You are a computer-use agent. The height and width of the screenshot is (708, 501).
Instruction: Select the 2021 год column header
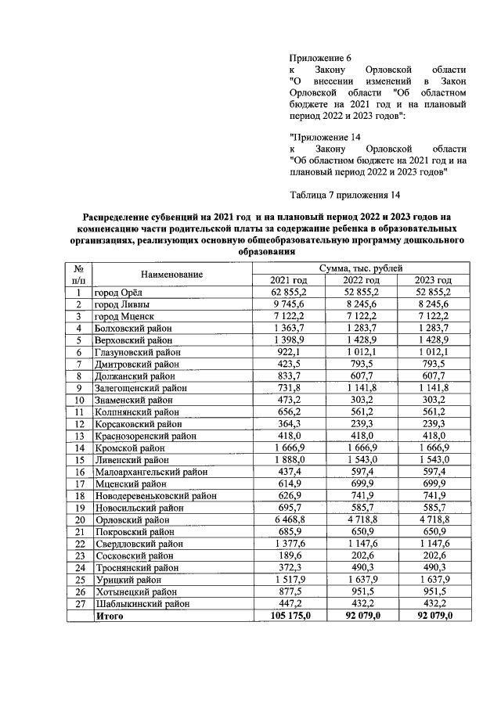(289, 280)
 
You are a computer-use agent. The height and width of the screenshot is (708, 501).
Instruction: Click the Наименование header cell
(172, 275)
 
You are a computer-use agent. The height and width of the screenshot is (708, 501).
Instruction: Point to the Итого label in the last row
(110, 616)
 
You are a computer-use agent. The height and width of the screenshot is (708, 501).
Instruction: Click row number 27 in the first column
(79, 604)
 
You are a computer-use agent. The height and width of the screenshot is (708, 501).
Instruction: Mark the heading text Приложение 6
(320, 59)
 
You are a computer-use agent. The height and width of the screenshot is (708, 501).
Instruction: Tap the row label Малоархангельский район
(150, 472)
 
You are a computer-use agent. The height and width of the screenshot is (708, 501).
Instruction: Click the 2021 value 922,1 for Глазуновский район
(289, 352)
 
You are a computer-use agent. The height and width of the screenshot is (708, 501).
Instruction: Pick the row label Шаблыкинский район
(141, 604)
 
